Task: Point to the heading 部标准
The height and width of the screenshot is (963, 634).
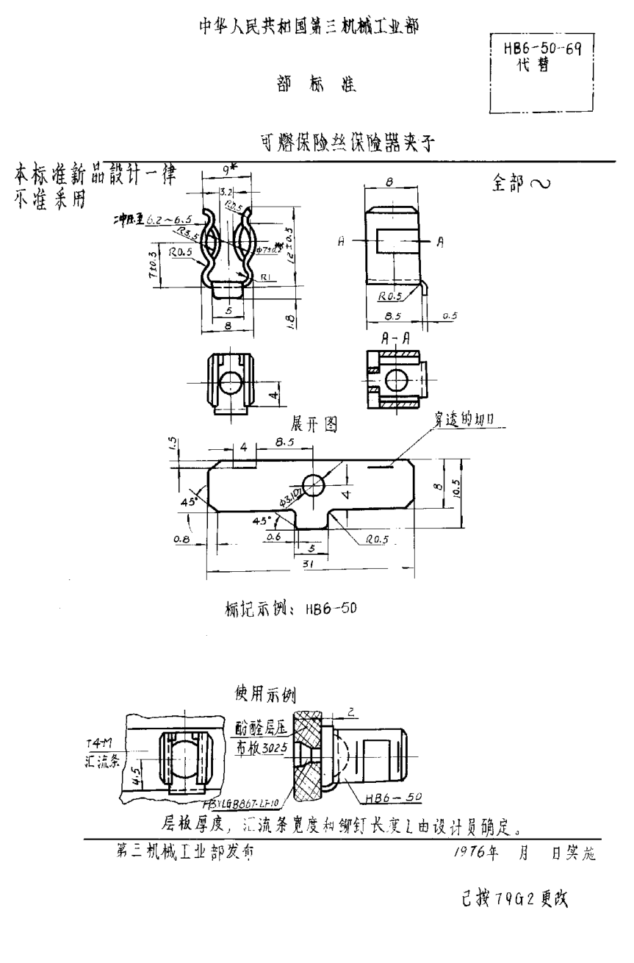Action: (317, 85)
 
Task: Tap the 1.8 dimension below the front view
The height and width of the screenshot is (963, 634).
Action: (291, 321)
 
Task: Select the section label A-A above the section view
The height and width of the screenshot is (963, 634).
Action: (395, 338)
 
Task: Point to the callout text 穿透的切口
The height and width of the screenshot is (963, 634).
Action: (463, 418)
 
